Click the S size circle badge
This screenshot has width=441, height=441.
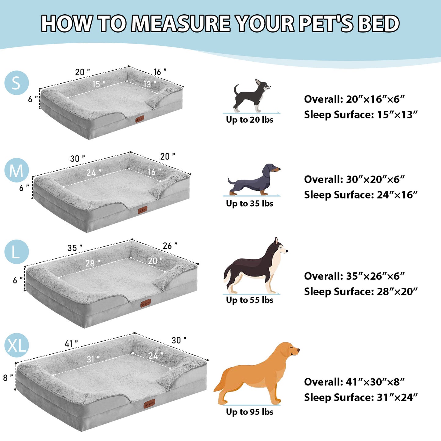[16, 83]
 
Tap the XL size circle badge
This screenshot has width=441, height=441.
[16, 345]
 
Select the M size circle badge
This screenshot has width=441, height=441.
[16, 170]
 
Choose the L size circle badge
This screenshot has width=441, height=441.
[16, 252]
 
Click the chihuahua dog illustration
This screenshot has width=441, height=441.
[252, 96]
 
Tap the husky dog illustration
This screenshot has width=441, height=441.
[255, 266]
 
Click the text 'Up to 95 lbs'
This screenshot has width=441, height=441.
[249, 412]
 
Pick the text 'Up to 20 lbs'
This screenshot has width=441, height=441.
[249, 120]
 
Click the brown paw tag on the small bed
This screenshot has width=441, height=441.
[140, 119]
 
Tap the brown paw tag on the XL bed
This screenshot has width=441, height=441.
[149, 404]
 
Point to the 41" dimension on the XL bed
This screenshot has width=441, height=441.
[71, 344]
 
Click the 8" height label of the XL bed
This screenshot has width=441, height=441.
[8, 378]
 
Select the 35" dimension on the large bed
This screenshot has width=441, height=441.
[75, 248]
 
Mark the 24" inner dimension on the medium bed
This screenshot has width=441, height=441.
[93, 173]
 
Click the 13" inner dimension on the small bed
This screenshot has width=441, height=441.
[150, 84]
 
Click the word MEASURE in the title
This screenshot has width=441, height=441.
[182, 23]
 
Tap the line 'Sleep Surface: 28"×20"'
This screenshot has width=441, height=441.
[360, 291]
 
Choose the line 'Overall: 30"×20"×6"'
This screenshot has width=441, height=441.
[354, 179]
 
